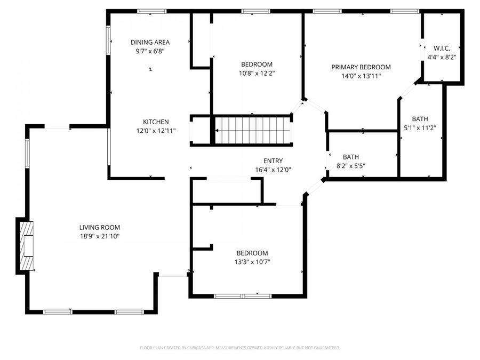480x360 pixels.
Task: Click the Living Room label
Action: pyautogui.click(x=100, y=227)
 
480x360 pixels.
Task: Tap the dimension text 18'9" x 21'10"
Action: pyautogui.click(x=100, y=236)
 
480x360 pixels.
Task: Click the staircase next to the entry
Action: pyautogui.click(x=253, y=131)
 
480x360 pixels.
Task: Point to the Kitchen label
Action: pyautogui.click(x=156, y=122)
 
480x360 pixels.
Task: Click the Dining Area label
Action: pyautogui.click(x=150, y=43)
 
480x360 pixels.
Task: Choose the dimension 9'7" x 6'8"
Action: pyautogui.click(x=150, y=52)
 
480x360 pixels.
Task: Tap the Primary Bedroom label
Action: pyautogui.click(x=361, y=67)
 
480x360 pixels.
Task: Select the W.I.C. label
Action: pyautogui.click(x=442, y=48)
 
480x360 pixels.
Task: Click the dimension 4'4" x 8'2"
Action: pyautogui.click(x=442, y=57)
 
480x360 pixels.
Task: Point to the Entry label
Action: pyautogui.click(x=273, y=161)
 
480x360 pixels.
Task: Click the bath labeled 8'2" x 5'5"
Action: pyautogui.click(x=350, y=161)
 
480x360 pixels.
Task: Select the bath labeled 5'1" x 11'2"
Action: pyautogui.click(x=420, y=123)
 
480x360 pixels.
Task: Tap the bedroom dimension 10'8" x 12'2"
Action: pyautogui.click(x=257, y=73)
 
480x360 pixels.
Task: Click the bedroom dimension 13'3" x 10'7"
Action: pyautogui.click(x=253, y=262)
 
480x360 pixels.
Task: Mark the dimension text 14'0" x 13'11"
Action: pyautogui.click(x=361, y=76)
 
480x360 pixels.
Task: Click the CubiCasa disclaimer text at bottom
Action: pyautogui.click(x=239, y=348)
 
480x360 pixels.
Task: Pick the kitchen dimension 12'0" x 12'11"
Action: pyautogui.click(x=156, y=130)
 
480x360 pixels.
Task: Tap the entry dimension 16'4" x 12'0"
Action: pyautogui.click(x=273, y=170)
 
